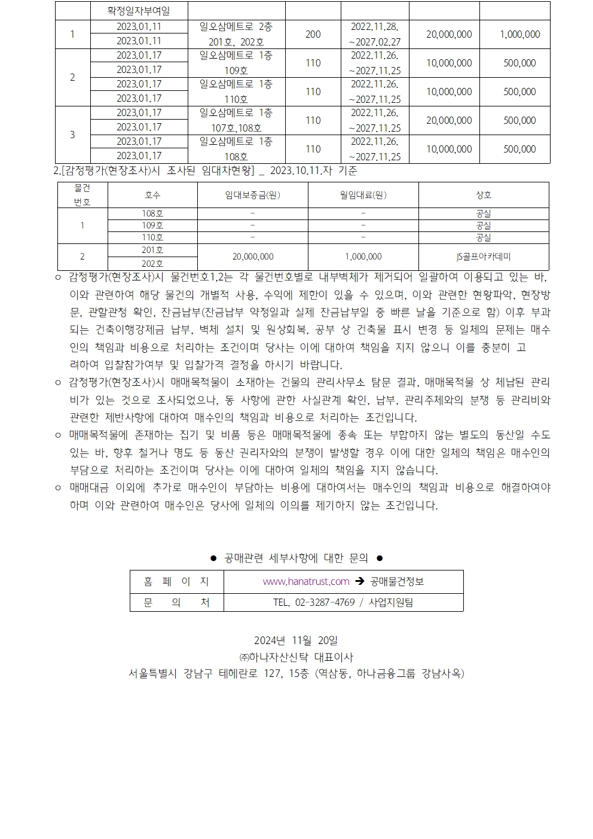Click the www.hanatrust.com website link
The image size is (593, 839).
pyautogui.click(x=306, y=581)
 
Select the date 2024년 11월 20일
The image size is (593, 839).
pyautogui.click(x=296, y=640)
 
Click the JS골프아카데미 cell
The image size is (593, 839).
pyautogui.click(x=483, y=257)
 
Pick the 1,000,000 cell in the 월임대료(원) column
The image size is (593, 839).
pyautogui.click(x=363, y=257)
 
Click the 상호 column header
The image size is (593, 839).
pyautogui.click(x=483, y=195)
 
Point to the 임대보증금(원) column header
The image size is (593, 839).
pyautogui.click(x=252, y=195)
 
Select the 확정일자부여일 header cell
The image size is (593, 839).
pyautogui.click(x=139, y=11)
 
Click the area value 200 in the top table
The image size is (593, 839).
pyautogui.click(x=313, y=34)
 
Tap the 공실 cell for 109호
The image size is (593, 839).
pyautogui.click(x=483, y=225)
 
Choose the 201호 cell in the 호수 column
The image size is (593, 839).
pyautogui.click(x=152, y=250)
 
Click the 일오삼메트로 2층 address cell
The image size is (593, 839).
pyautogui.click(x=236, y=27)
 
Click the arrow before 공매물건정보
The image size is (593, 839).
pyautogui.click(x=359, y=581)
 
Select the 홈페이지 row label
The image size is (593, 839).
pyautogui.click(x=176, y=581)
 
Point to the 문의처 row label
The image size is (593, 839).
pyautogui.click(x=176, y=602)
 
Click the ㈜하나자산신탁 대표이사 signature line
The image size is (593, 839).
pyautogui.click(x=296, y=657)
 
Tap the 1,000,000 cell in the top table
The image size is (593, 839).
pyautogui.click(x=519, y=34)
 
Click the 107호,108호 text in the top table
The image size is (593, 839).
pyautogui.click(x=236, y=127)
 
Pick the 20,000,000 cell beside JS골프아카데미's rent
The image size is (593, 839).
pyautogui.click(x=252, y=257)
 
